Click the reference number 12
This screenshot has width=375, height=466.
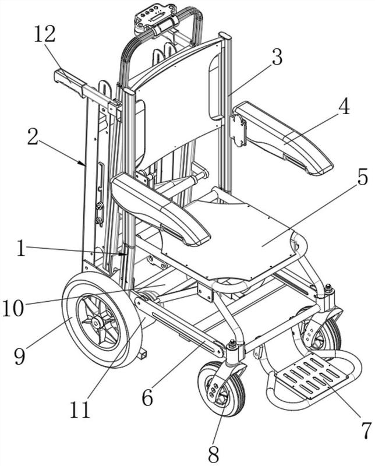click(45, 34)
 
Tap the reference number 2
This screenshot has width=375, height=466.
click(33, 137)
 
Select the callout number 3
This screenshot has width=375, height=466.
click(277, 57)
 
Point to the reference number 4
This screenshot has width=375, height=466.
click(344, 106)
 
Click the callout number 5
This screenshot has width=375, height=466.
click(362, 177)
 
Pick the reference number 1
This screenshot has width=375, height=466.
click(21, 248)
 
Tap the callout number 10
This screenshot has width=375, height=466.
click(13, 308)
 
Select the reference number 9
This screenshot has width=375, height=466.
click(20, 356)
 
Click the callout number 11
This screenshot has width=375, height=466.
click(80, 409)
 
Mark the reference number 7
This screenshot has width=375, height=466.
click(366, 430)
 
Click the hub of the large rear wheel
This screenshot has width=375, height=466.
click(96, 322)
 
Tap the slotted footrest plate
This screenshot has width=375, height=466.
click(312, 377)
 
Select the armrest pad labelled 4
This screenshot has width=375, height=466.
click(283, 137)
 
